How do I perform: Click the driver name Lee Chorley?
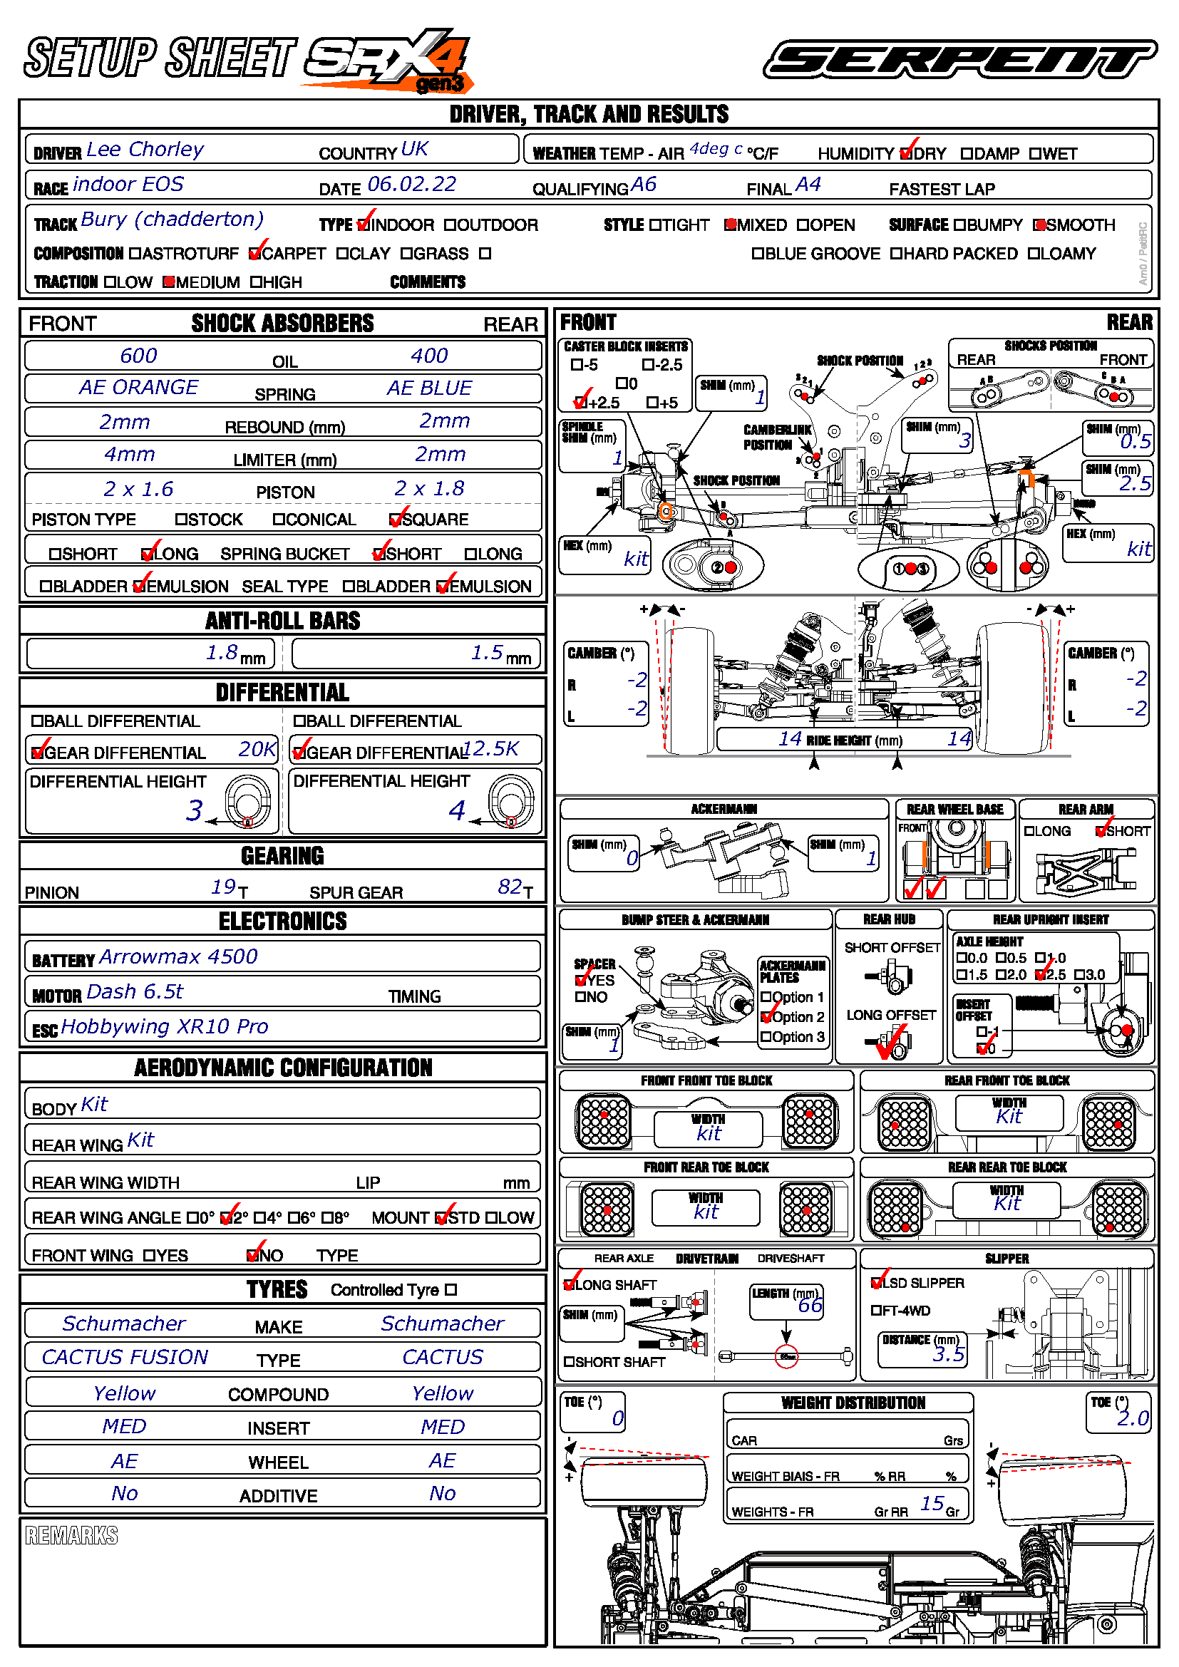coord(145,150)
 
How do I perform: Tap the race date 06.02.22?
coord(411,185)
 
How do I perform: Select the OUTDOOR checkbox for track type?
coord(450,225)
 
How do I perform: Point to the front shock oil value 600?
coord(138,356)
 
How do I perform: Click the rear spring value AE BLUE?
coord(429,388)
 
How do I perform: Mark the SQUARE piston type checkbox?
coord(396,519)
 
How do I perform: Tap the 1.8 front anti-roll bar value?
coord(222,653)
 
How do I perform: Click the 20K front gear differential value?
coord(257,748)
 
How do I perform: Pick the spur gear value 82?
coord(510,887)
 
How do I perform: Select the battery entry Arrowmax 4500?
coord(178,957)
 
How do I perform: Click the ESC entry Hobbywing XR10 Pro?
coord(165,1026)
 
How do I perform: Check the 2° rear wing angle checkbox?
coord(227,1218)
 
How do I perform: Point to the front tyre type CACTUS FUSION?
coord(125,1357)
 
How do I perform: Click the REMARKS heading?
coord(71,1536)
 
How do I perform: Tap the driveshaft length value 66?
coord(810,1306)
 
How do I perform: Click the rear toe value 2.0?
coord(1133,1418)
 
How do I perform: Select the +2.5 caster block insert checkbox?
coord(579,402)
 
